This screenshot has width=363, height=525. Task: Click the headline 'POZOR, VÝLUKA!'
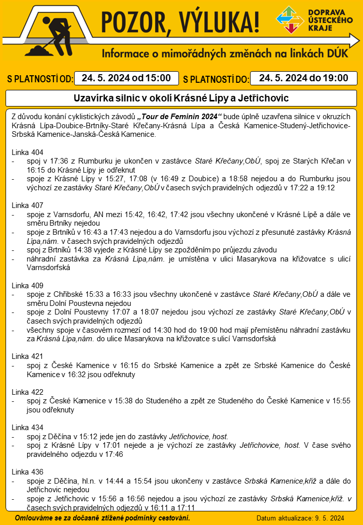click(x=180, y=21)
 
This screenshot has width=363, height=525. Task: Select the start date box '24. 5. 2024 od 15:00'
click(x=127, y=78)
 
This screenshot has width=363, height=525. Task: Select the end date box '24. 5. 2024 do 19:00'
click(x=304, y=78)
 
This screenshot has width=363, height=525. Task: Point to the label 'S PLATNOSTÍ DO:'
click(x=216, y=79)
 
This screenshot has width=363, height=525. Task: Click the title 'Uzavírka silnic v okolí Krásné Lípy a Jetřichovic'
click(x=181, y=97)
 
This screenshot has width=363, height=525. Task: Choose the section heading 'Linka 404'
click(x=27, y=152)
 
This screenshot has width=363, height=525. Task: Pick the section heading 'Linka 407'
click(x=27, y=206)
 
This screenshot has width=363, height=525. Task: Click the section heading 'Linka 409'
click(x=27, y=286)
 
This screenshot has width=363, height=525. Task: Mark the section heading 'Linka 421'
click(x=27, y=356)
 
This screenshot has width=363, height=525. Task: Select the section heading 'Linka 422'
click(x=27, y=392)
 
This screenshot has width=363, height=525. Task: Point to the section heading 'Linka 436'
click(x=27, y=472)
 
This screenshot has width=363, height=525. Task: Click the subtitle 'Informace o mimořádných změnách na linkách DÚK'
click(x=225, y=54)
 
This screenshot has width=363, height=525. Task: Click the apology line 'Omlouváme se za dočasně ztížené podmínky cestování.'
click(x=102, y=518)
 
